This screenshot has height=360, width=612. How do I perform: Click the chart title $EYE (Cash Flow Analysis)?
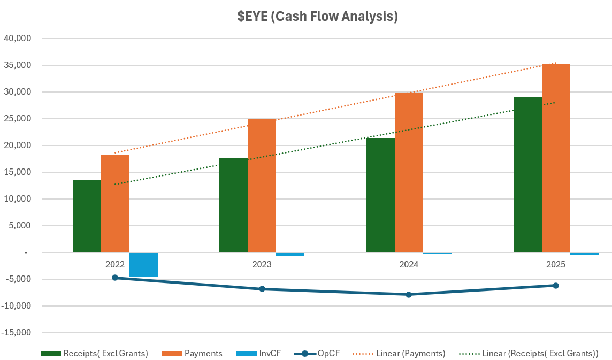[x=318, y=17]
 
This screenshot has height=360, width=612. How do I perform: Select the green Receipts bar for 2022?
[x=87, y=216]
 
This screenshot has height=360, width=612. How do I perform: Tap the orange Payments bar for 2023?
[x=262, y=186]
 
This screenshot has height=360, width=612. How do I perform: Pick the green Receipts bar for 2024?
[x=380, y=195]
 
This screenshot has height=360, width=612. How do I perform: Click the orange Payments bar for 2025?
[x=556, y=158]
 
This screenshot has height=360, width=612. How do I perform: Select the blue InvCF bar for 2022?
[x=143, y=264]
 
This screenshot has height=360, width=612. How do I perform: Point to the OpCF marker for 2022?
[x=115, y=278]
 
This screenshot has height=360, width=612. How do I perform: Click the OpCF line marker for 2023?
[x=262, y=289]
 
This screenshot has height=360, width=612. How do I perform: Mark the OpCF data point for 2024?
[x=409, y=294]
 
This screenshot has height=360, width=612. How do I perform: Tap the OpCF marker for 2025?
[x=556, y=286]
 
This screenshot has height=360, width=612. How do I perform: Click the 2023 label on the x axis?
[x=262, y=264]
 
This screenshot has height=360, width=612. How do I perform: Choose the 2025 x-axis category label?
[x=556, y=264]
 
